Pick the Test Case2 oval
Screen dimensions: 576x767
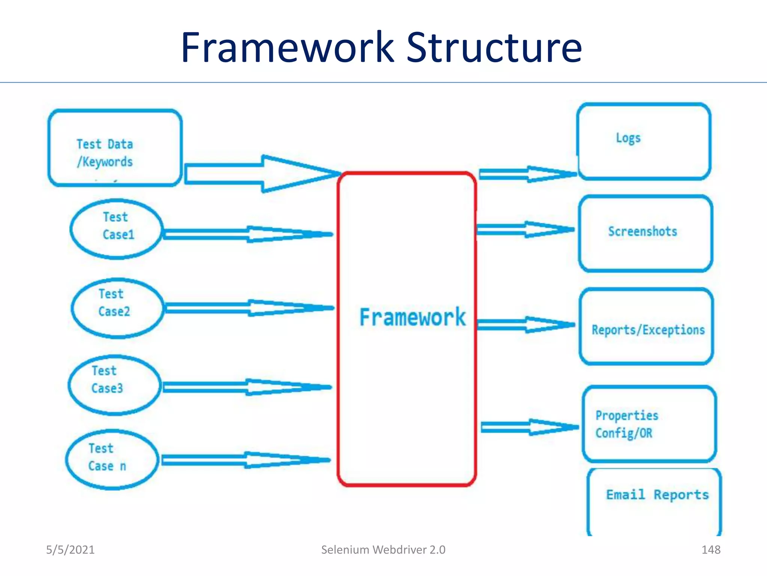[x=118, y=308]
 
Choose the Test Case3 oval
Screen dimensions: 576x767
[x=115, y=385]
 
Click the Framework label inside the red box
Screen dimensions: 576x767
[x=412, y=317]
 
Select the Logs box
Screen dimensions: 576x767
[x=643, y=141]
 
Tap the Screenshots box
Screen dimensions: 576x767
[x=645, y=233]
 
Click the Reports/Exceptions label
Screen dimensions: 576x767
[x=648, y=330]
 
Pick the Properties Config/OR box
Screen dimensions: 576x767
[x=649, y=424]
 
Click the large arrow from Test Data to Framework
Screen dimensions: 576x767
[x=262, y=174]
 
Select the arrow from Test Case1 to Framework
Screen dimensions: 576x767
[x=247, y=234]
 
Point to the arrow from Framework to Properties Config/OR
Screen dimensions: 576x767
[x=530, y=427]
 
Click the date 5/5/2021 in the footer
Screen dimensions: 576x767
[x=70, y=550]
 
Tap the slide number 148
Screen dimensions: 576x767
[x=710, y=550]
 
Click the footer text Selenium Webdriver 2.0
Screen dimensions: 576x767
[x=383, y=550]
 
